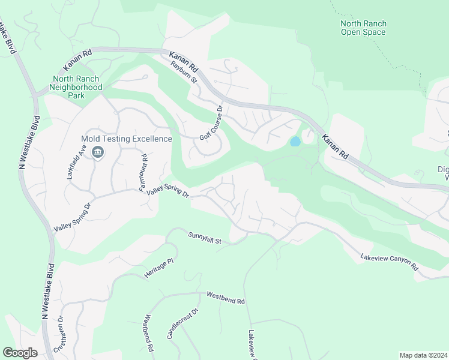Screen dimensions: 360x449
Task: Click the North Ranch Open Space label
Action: (363, 28)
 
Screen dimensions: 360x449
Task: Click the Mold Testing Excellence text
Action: (126, 139)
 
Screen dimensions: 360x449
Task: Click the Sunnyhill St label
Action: (205, 238)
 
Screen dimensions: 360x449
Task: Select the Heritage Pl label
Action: (158, 269)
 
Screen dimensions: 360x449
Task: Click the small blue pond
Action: (295, 142)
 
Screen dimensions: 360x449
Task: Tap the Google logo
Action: (20, 353)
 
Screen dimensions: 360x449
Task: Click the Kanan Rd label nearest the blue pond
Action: (335, 146)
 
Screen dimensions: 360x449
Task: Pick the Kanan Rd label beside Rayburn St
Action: (184, 60)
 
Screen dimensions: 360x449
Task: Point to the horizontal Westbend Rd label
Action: (226, 298)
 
